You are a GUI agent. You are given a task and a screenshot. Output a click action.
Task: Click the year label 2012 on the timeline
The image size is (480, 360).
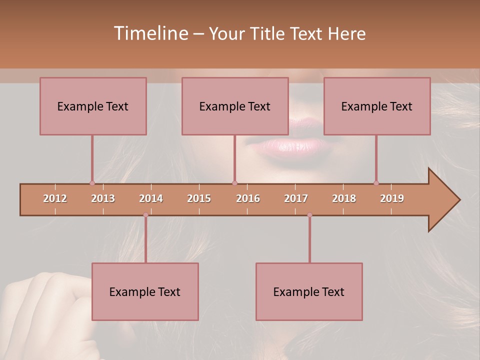[x=55, y=198]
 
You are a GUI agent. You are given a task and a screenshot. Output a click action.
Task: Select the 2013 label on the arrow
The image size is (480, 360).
[x=103, y=198]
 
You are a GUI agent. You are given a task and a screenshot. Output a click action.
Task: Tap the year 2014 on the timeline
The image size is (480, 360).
[x=151, y=198]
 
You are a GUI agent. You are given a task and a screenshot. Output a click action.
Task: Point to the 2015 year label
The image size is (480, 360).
[x=199, y=198]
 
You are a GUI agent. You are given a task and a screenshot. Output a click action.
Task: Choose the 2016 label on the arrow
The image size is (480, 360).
[x=248, y=198]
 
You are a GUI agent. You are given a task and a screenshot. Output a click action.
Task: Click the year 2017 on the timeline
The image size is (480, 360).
[x=296, y=198]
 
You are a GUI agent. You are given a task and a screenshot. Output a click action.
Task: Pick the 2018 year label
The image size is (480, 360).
[x=344, y=198]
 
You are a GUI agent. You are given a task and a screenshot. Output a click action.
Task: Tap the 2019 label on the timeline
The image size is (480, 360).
[x=392, y=198]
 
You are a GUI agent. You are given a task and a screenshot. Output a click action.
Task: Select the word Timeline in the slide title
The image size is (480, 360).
[x=149, y=33]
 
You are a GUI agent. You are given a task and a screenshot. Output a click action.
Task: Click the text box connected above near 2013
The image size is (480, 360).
[x=93, y=106]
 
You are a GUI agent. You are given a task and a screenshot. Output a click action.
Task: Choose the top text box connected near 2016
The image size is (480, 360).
[x=235, y=106]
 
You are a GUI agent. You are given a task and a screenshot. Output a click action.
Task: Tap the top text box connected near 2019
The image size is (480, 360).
[x=377, y=106]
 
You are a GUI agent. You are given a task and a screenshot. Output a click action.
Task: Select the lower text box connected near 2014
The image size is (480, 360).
[x=145, y=291]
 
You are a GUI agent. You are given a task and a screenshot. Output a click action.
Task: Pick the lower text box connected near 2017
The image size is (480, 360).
[x=309, y=291]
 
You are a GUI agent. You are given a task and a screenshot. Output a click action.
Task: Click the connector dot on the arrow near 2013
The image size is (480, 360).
[x=92, y=183]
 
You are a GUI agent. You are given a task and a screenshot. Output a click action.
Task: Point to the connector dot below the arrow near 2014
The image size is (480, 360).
[x=145, y=215]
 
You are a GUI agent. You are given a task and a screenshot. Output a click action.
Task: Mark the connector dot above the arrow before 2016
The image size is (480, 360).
[x=234, y=183]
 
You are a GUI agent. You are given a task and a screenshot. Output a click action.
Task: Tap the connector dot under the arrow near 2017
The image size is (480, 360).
[x=309, y=215]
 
